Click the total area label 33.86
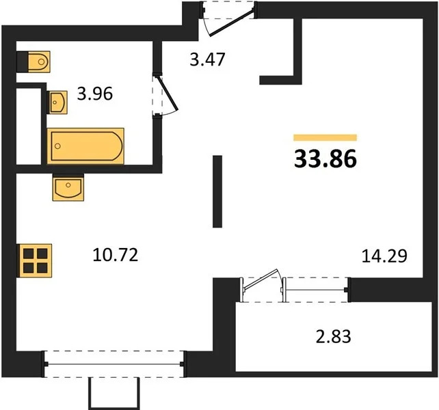coord(325,159)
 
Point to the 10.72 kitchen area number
coord(116,256)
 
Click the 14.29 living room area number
coord(384,256)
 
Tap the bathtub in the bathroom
coord(85,146)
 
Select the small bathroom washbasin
coord(58,102)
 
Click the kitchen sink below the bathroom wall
coord(68,187)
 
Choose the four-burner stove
coord(34,260)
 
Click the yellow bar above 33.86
coord(325,137)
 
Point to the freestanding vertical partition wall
coord(217,191)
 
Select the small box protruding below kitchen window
coord(115,392)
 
